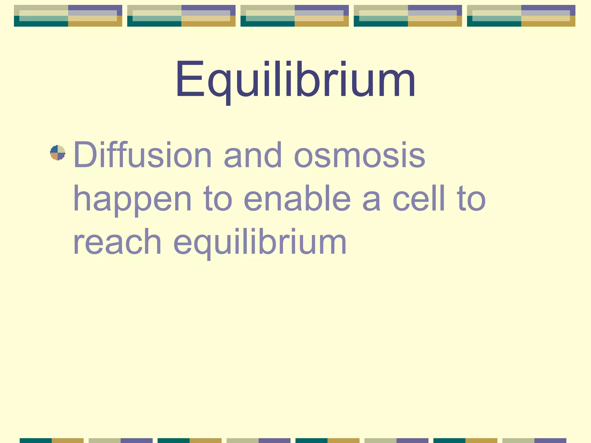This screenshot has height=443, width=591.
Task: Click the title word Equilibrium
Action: (x=295, y=79)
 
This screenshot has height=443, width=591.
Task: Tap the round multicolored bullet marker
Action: (x=58, y=153)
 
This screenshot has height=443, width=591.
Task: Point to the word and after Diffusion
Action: (x=253, y=155)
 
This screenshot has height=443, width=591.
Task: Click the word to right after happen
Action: (x=218, y=199)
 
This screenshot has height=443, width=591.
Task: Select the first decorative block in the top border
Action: (x=68, y=16)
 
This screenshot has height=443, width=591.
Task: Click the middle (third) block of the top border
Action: (x=294, y=16)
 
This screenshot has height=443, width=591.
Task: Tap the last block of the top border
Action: (x=521, y=16)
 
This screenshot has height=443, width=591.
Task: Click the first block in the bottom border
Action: (x=51, y=440)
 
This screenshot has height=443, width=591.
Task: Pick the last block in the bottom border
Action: (x=534, y=440)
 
